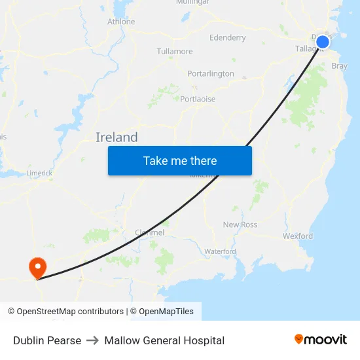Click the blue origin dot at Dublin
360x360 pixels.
pyautogui.click(x=323, y=43)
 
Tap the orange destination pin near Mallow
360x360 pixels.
pyautogui.click(x=37, y=266)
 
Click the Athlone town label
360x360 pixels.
pyautogui.click(x=121, y=22)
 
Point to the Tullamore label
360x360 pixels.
pyautogui.click(x=175, y=51)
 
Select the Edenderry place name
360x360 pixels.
pyautogui.click(x=228, y=37)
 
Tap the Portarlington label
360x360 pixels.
pyautogui.click(x=211, y=73)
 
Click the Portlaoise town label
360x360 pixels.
pyautogui.click(x=198, y=99)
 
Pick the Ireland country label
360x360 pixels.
pyautogui.click(x=117, y=137)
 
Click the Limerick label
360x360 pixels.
pyautogui.click(x=39, y=173)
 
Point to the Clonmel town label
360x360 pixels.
pyautogui.click(x=149, y=232)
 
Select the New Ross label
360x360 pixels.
pyautogui.click(x=240, y=225)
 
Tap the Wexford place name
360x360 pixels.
pyautogui.click(x=298, y=236)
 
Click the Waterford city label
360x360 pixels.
pyautogui.click(x=220, y=251)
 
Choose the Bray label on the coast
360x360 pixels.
pyautogui.click(x=340, y=66)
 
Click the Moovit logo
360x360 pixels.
pyautogui.click(x=321, y=340)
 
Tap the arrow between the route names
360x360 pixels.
pyautogui.click(x=92, y=340)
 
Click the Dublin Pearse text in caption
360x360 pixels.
pyautogui.click(x=47, y=340)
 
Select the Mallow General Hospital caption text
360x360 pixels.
pyautogui.click(x=164, y=340)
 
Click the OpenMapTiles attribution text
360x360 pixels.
pyautogui.click(x=162, y=312)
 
